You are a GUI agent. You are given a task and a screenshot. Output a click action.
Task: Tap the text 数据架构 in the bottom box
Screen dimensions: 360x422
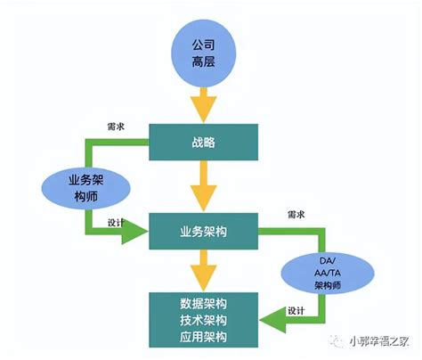(x=203, y=301)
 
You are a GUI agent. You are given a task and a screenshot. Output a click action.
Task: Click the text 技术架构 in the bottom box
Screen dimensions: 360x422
(x=203, y=318)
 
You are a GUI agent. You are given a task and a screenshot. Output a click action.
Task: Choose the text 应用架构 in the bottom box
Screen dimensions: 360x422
(x=203, y=336)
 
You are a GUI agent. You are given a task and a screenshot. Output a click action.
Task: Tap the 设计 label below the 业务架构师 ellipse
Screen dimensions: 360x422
(x=116, y=223)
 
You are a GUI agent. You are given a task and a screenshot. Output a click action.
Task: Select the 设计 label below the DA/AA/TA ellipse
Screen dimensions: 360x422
(x=296, y=310)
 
